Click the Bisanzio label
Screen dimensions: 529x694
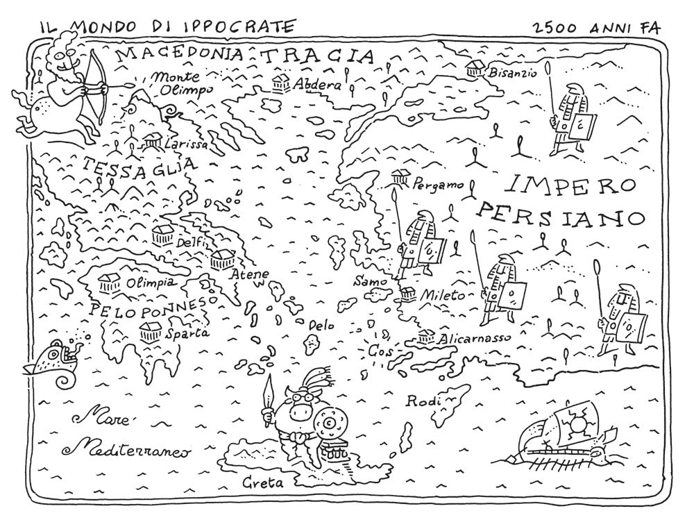point(513,72)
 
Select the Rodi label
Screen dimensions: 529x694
point(421,401)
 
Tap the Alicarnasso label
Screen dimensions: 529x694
point(475,339)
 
